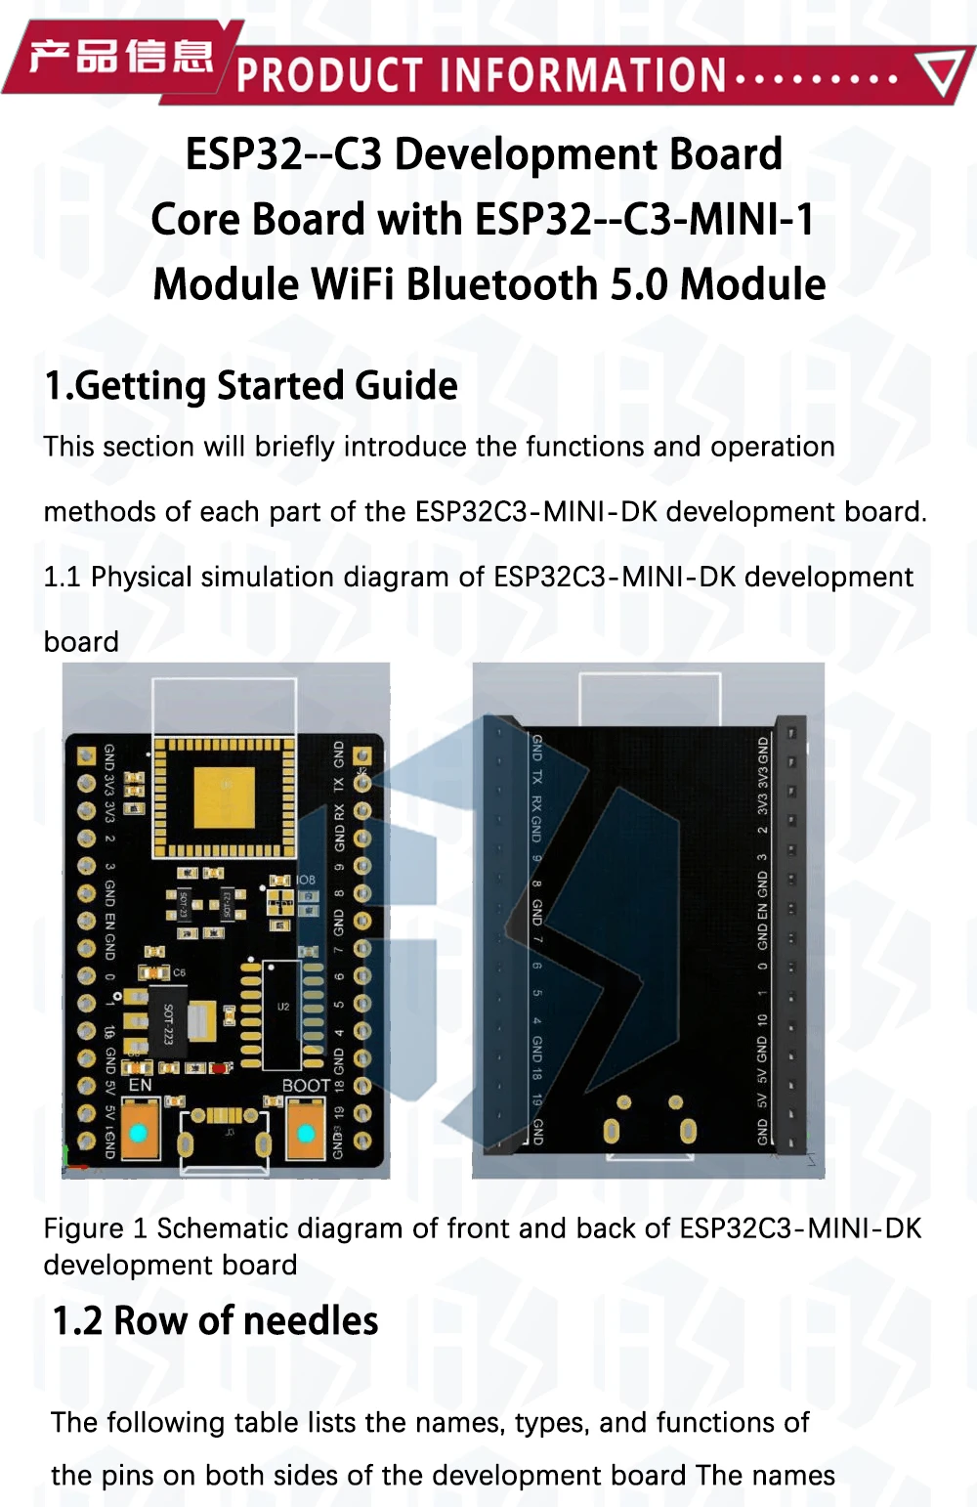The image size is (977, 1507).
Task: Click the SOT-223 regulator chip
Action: coord(169,1022)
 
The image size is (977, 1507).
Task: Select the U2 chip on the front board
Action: coord(282,1012)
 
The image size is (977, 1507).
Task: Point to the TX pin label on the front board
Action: coord(339,784)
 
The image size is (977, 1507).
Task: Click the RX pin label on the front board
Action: coord(339,812)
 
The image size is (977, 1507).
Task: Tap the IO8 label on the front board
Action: coord(306,880)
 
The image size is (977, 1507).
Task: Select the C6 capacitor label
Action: coord(179,972)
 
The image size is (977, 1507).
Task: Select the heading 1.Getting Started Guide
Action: coord(251,385)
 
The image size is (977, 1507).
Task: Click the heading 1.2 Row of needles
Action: coord(215,1320)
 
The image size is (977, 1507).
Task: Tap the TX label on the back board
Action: coord(537,777)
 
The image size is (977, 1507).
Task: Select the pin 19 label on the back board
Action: coord(537,1098)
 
